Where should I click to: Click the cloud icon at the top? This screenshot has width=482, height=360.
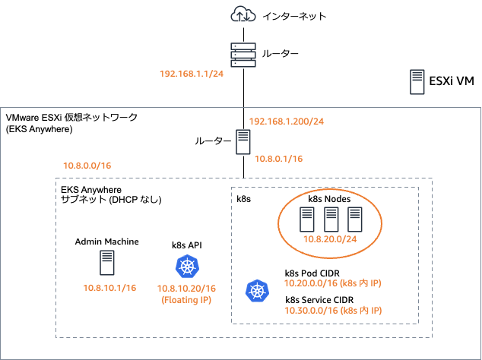click(x=243, y=14)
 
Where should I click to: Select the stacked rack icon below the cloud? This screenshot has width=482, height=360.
click(x=243, y=55)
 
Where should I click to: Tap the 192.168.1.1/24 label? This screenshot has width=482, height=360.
click(x=191, y=74)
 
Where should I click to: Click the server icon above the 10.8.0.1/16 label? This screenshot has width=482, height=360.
click(x=243, y=143)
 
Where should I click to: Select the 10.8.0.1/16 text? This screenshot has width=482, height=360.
click(x=278, y=159)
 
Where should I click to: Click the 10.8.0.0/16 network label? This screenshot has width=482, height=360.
click(x=87, y=165)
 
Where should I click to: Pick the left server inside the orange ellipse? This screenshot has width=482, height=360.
click(x=307, y=219)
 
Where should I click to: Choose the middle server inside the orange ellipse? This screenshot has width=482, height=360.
click(x=331, y=219)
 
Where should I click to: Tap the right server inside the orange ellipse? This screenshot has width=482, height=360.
click(x=354, y=219)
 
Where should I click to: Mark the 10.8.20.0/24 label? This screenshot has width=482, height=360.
click(x=330, y=239)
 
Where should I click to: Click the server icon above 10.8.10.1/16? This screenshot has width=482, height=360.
click(x=107, y=263)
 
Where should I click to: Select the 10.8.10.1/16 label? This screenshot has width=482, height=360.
click(x=109, y=288)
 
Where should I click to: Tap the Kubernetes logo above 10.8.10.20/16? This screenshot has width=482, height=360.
click(x=186, y=267)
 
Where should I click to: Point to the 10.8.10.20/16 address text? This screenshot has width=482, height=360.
click(x=186, y=289)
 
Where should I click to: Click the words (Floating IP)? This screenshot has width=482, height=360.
click(x=186, y=300)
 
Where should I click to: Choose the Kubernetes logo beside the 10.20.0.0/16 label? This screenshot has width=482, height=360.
click(x=256, y=291)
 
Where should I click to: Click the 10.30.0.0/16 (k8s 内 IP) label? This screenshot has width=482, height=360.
click(x=332, y=311)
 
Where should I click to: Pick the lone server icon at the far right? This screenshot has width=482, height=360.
click(x=417, y=81)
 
